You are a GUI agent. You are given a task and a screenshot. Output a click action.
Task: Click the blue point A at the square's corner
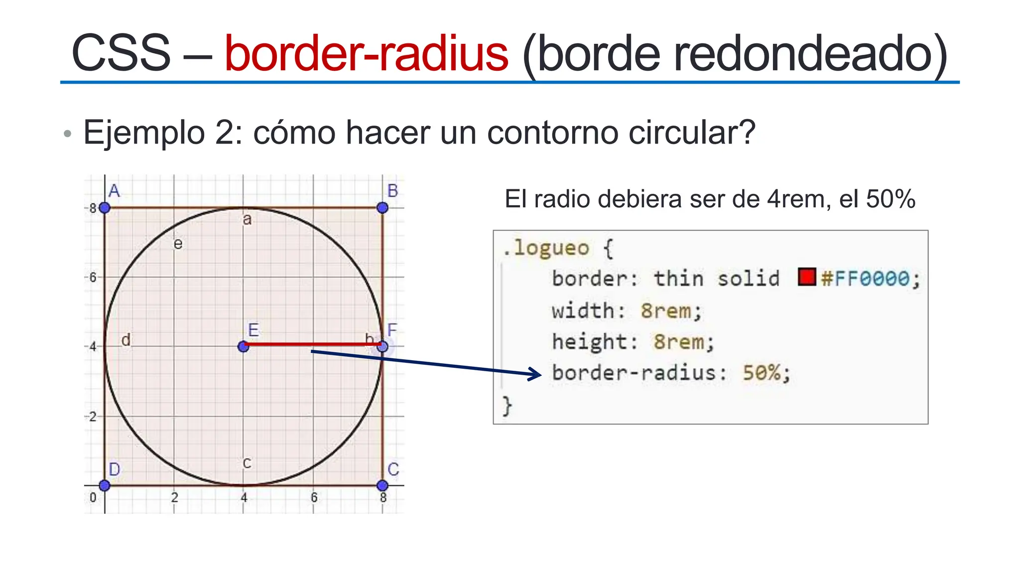point(104,208)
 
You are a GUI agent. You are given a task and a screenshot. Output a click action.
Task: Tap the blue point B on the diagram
point(382,208)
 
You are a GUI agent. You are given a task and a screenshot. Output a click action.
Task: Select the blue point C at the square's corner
point(382,485)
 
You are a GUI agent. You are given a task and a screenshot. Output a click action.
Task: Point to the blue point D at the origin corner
point(104,485)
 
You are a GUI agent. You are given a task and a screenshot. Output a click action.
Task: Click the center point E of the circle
point(243,346)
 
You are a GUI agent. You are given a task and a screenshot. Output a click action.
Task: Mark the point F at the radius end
point(382,346)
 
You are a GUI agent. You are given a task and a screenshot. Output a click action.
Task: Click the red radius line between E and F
point(312,344)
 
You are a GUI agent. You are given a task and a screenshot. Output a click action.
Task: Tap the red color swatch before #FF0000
point(806,277)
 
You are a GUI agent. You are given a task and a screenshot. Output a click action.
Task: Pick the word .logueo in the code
point(546,248)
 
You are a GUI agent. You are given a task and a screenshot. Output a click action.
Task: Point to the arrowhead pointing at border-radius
point(537,374)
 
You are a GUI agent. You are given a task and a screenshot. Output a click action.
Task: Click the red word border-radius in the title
point(366,53)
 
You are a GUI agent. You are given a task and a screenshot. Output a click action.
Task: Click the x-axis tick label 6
point(314,497)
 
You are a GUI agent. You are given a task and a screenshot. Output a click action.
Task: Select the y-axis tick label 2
point(93,417)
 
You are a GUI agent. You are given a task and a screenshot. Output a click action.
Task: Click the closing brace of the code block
point(507,406)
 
